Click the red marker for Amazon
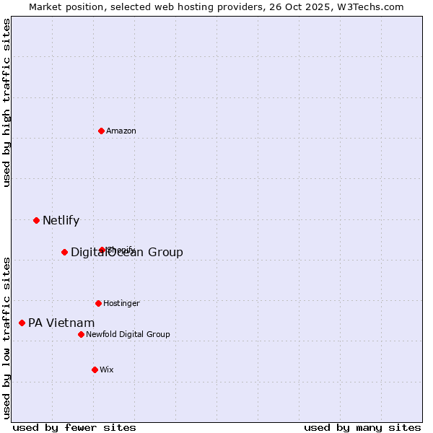[x=101, y=131]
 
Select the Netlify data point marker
[x=36, y=220]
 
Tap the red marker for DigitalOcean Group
[x=64, y=252]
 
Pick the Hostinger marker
[x=98, y=303]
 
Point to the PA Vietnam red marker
[x=22, y=323]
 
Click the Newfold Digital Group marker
[x=81, y=334]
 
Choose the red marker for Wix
[x=95, y=369]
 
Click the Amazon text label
[x=121, y=131]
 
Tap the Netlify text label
[x=61, y=221]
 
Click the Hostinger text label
[x=121, y=303]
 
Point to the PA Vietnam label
[x=61, y=323]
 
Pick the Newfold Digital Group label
[x=128, y=334]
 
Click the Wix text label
[x=107, y=369]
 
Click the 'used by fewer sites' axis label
[x=74, y=427]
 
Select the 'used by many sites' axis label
[x=362, y=427]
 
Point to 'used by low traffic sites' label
[x=6, y=338]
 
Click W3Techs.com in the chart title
[x=372, y=6]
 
